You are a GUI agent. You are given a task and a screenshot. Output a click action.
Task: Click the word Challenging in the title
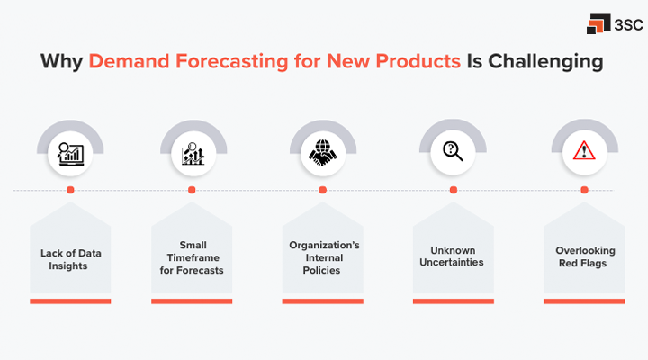tap(550, 63)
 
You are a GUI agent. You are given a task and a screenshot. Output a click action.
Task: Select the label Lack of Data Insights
tap(70, 259)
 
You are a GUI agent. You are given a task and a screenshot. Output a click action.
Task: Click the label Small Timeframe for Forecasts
tap(192, 259)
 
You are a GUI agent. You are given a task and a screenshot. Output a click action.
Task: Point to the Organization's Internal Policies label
tap(322, 257)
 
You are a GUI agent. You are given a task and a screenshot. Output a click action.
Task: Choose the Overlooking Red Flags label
tap(584, 259)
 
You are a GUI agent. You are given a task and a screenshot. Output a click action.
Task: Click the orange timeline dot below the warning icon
tap(584, 190)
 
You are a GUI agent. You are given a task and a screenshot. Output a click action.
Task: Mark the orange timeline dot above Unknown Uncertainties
tap(453, 190)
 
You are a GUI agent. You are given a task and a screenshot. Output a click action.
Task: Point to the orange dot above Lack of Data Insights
tap(70, 190)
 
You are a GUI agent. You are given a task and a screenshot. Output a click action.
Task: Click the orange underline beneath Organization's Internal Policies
tap(322, 301)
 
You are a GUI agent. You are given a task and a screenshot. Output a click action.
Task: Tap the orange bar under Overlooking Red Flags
tap(584, 301)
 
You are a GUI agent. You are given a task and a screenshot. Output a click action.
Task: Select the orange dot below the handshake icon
tap(322, 190)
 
